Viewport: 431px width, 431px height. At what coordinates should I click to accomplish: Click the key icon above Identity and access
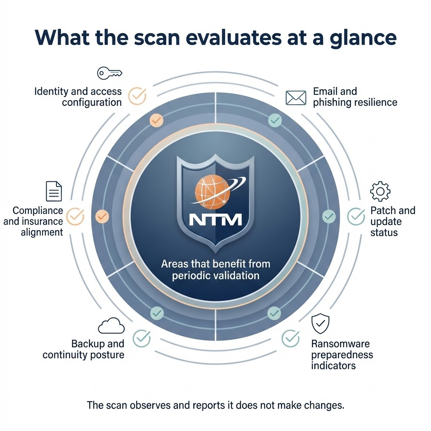pyautogui.click(x=109, y=73)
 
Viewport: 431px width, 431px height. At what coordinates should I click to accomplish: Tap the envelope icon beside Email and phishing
pyautogui.click(x=296, y=97)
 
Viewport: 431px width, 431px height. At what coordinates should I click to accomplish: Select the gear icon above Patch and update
pyautogui.click(x=380, y=192)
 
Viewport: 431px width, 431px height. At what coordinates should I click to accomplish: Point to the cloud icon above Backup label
pyautogui.click(x=111, y=326)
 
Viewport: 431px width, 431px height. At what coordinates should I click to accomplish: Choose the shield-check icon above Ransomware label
pyautogui.click(x=320, y=324)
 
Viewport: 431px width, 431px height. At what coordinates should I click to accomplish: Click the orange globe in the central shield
pyautogui.click(x=212, y=192)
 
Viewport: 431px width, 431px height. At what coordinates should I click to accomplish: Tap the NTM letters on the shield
pyautogui.click(x=215, y=219)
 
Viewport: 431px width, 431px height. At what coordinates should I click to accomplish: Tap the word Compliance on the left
pyautogui.click(x=38, y=210)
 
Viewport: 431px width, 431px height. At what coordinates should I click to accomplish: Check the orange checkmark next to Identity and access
pyautogui.click(x=137, y=96)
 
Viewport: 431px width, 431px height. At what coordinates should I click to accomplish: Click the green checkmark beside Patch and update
pyautogui.click(x=356, y=216)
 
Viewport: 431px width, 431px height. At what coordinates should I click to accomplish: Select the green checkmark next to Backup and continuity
pyautogui.click(x=141, y=338)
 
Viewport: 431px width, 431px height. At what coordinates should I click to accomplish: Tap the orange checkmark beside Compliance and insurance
pyautogui.click(x=76, y=216)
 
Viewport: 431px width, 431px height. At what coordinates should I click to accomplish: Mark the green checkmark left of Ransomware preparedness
pyautogui.click(x=290, y=338)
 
